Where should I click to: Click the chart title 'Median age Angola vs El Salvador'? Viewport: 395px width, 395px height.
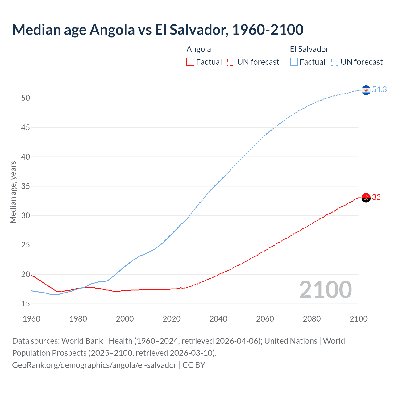(x=158, y=30)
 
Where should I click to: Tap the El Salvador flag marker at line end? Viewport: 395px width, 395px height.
(x=366, y=90)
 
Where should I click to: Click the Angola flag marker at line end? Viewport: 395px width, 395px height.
(x=366, y=197)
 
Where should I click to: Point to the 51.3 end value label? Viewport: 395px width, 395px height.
(x=379, y=90)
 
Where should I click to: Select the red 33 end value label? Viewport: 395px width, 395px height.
(x=376, y=197)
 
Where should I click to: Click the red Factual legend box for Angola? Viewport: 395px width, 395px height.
(x=190, y=62)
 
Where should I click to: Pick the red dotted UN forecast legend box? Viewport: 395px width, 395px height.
(x=231, y=62)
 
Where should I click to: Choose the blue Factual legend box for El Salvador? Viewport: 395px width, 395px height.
(x=294, y=62)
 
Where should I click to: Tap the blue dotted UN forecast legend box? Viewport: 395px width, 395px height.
(x=335, y=62)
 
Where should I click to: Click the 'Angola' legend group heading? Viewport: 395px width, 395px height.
(x=199, y=49)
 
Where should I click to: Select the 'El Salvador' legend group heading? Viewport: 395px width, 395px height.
(x=309, y=49)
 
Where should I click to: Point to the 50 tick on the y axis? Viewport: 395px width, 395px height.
(x=26, y=98)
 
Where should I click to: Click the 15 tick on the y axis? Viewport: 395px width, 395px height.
(x=26, y=304)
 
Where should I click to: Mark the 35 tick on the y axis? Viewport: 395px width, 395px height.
(x=26, y=186)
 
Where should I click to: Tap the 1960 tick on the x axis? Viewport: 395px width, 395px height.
(x=31, y=319)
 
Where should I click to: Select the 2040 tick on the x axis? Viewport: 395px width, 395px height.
(x=218, y=319)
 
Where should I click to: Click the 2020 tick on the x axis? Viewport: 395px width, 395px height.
(x=172, y=319)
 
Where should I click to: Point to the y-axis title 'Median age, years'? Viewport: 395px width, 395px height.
(x=13, y=192)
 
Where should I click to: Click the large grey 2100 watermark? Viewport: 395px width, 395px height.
(x=325, y=290)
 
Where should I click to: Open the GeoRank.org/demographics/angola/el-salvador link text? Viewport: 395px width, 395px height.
(x=94, y=365)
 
